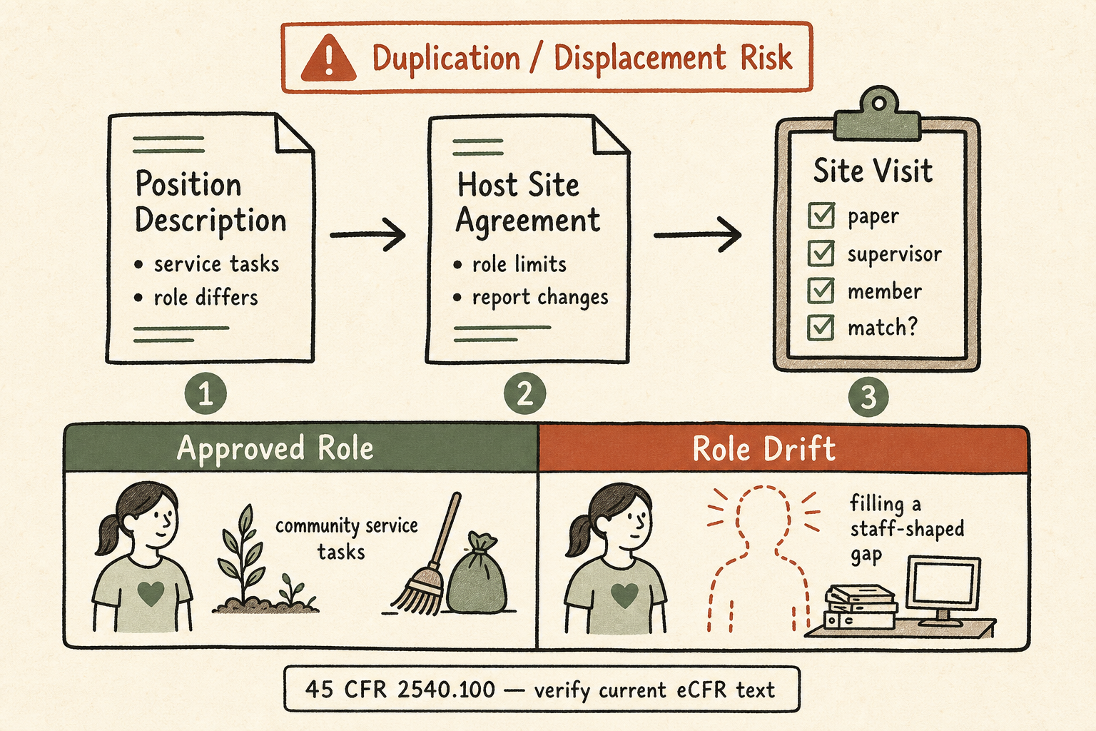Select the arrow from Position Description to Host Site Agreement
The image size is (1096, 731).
click(x=368, y=235)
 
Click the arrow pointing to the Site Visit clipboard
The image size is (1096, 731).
click(x=697, y=236)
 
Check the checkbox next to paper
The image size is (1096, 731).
click(x=821, y=216)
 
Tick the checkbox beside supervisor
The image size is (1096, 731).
click(x=821, y=253)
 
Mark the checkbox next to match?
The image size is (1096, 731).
click(x=821, y=328)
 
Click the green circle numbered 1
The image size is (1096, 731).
click(x=205, y=394)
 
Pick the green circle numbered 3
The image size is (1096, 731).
click(x=868, y=396)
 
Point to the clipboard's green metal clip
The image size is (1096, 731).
click(x=878, y=114)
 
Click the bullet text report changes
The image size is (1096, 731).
click(x=540, y=297)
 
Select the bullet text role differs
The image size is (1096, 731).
click(x=206, y=297)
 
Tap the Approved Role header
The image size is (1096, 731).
click(x=275, y=448)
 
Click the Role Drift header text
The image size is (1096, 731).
click(x=763, y=448)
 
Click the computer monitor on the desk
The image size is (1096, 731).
click(x=943, y=590)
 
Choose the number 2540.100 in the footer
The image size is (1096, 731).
click(x=446, y=690)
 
